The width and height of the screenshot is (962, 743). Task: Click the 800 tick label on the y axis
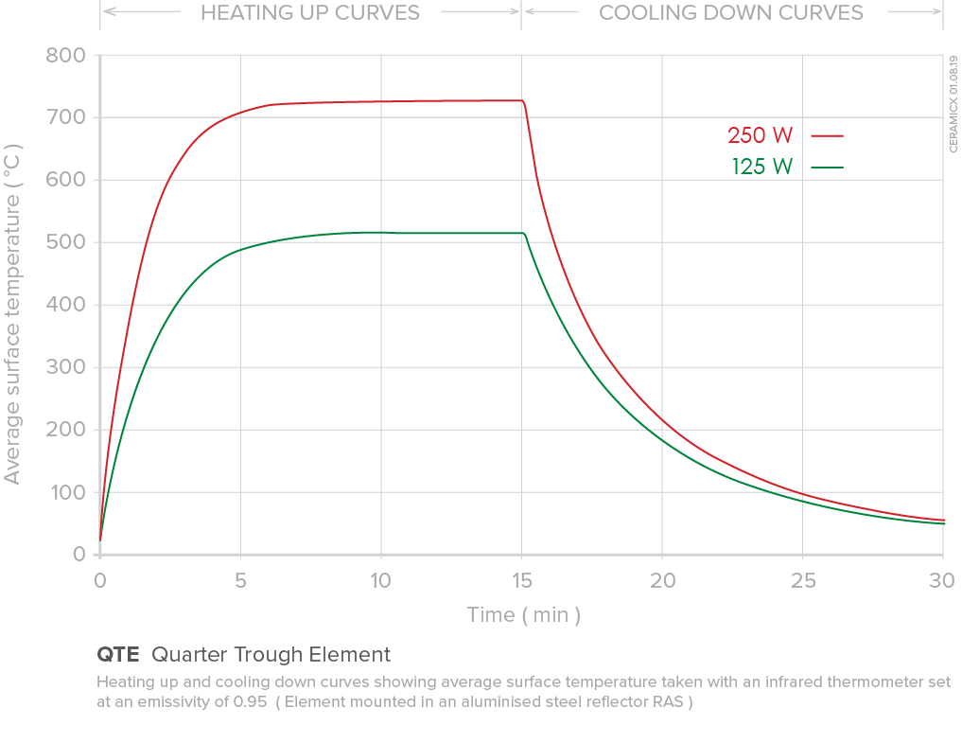pyautogui.click(x=66, y=55)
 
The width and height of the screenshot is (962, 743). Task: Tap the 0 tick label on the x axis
pyautogui.click(x=99, y=579)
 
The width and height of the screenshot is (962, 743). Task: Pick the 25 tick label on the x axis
pyautogui.click(x=802, y=579)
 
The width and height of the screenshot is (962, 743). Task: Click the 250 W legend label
pyautogui.click(x=760, y=135)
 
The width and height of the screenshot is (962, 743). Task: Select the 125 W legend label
pyautogui.click(x=761, y=168)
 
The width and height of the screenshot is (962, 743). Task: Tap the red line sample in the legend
pyautogui.click(x=827, y=135)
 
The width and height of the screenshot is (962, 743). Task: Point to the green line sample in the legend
pyautogui.click(x=827, y=168)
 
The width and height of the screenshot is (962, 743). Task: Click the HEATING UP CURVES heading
pyautogui.click(x=310, y=13)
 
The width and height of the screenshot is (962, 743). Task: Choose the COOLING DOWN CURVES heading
pyautogui.click(x=731, y=13)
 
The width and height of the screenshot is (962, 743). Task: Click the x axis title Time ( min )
pyautogui.click(x=523, y=615)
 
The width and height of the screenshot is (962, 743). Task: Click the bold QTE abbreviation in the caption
pyautogui.click(x=118, y=655)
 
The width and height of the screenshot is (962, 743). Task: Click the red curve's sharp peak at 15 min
pyautogui.click(x=522, y=100)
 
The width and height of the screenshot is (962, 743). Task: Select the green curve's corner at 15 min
pyautogui.click(x=523, y=233)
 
